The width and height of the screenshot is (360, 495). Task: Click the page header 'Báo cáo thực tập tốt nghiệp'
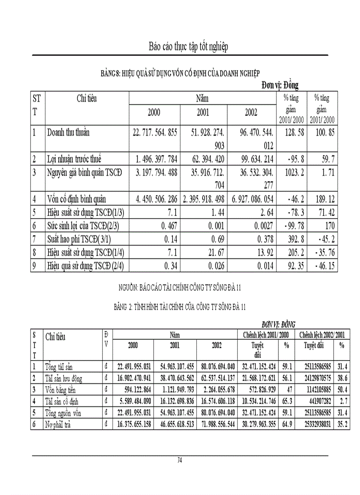coord(188,46)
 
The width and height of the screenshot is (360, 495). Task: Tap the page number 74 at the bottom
coord(180,460)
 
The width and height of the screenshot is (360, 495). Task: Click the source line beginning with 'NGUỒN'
coord(182,288)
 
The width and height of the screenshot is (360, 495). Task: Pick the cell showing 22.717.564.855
coord(154,133)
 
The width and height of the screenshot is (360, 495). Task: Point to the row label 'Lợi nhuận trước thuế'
coord(77,159)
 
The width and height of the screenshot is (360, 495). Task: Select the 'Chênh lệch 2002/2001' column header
coord(322,335)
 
